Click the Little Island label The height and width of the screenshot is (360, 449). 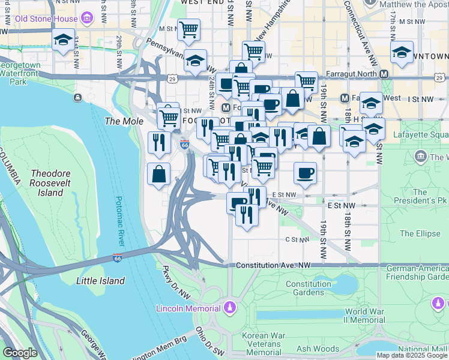click(101, 281)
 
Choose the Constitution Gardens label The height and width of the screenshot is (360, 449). click(308, 288)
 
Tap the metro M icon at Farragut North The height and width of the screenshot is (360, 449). click(384, 74)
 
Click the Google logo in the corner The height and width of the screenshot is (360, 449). click(20, 353)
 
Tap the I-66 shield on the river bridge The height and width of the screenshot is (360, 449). click(118, 258)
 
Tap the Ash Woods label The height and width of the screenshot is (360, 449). click(318, 349)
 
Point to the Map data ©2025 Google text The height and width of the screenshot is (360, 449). click(412, 355)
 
